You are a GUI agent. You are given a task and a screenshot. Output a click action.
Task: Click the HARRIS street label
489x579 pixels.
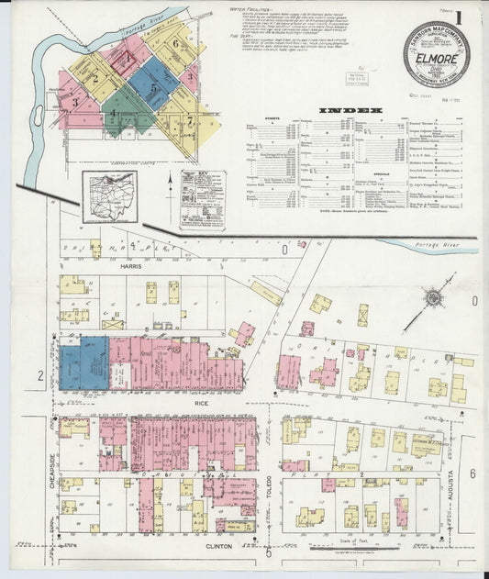131,266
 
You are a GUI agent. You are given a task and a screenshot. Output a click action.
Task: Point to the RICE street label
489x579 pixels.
204,401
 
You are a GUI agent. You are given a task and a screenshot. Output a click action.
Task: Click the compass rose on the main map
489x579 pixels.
433,297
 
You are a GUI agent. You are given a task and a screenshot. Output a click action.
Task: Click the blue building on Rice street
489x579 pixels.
84,362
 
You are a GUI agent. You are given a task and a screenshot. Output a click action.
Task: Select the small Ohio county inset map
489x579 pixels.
110,196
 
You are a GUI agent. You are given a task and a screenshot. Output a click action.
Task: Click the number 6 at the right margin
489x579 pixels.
473,473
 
